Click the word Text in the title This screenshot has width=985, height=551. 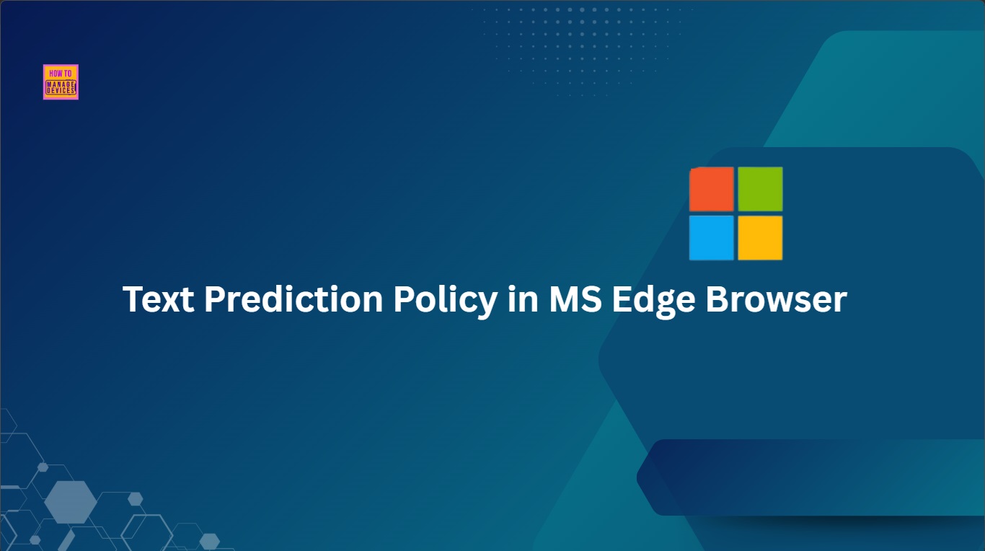[159, 299]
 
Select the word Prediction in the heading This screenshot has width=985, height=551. [293, 299]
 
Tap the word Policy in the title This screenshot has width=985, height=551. [446, 301]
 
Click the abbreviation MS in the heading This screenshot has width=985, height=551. [575, 299]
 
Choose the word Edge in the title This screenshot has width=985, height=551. [654, 301]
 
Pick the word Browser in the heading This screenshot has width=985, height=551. [776, 299]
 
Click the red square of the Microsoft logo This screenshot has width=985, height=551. [712, 189]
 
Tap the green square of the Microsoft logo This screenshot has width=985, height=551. [760, 189]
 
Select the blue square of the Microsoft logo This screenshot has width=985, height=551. [712, 238]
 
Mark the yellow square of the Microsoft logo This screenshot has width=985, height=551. [760, 238]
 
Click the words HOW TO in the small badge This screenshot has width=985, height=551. [61, 74]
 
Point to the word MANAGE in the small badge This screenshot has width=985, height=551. [61, 84]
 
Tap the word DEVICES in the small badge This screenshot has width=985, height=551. [61, 90]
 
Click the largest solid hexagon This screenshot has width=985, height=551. [71, 502]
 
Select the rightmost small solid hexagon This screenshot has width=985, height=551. [210, 542]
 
